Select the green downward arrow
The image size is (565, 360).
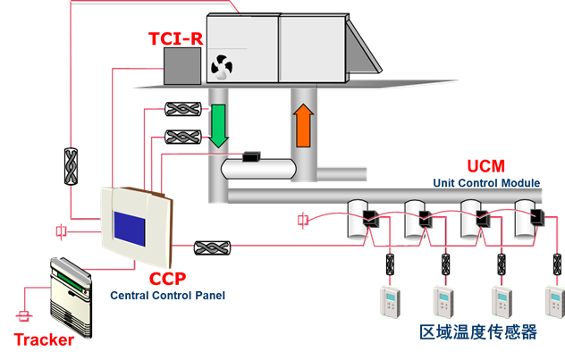click(218, 126)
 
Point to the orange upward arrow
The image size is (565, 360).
click(302, 124)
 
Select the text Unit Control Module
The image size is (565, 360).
click(486, 182)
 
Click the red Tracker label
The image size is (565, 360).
click(44, 339)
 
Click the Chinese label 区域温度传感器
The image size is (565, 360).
click(478, 332)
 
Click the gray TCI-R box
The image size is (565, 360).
click(182, 64)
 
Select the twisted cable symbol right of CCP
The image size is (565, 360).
click(214, 246)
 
